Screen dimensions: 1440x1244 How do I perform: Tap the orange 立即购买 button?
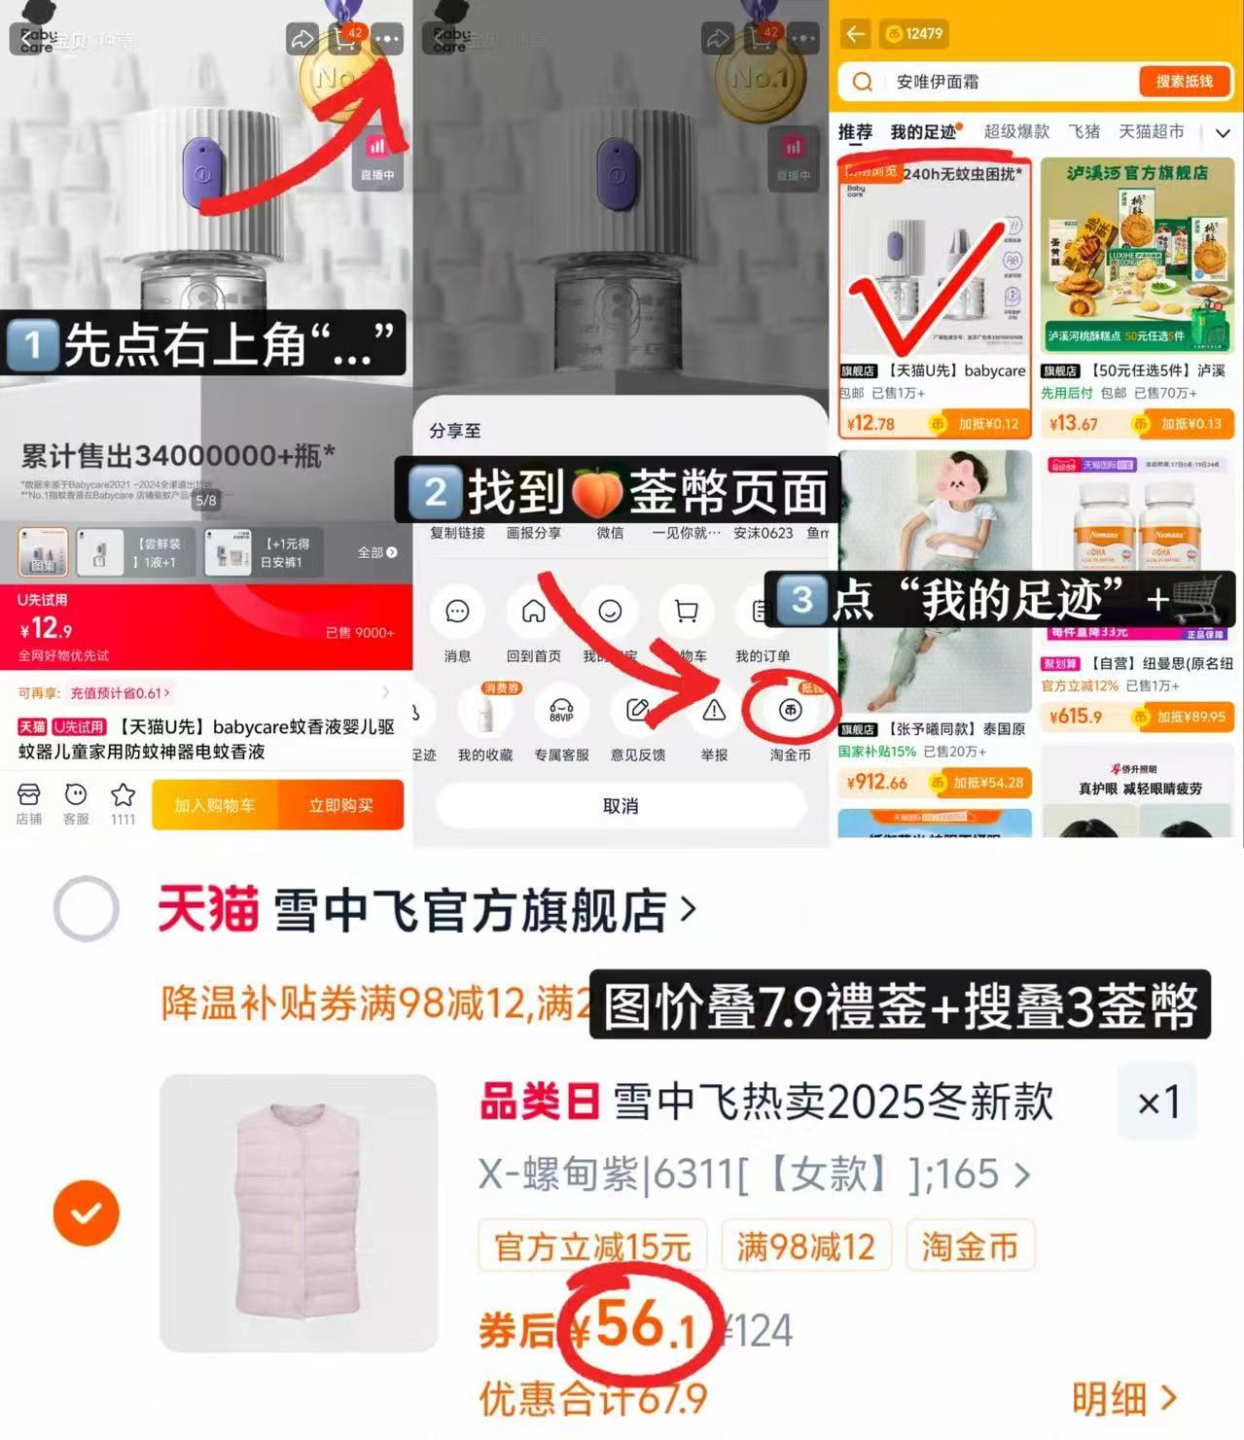[x=340, y=805]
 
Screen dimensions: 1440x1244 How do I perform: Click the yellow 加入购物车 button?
[x=215, y=805]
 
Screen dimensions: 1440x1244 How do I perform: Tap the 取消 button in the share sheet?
[x=621, y=806]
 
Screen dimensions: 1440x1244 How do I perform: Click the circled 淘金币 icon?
[x=790, y=711]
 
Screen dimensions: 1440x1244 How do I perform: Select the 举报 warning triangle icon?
[x=714, y=711]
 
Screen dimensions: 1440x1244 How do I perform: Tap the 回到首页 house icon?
[x=533, y=612]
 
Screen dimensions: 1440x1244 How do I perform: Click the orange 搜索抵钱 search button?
[x=1184, y=82]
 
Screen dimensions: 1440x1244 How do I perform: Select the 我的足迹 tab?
[x=923, y=132]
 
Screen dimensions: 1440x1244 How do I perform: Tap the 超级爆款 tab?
[x=1016, y=132]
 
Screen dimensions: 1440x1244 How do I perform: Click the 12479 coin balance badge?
[x=913, y=34]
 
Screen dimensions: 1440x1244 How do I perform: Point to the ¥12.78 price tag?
[x=871, y=424]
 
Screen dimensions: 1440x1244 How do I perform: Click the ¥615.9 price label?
[x=1075, y=717]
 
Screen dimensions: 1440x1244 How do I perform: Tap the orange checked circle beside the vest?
[x=87, y=1212]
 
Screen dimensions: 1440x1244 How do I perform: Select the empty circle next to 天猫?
[x=87, y=909]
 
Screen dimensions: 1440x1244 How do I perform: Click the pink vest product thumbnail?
[x=299, y=1212]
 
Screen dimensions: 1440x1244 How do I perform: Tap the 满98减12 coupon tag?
[x=805, y=1246]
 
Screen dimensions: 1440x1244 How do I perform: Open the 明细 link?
[x=1123, y=1399]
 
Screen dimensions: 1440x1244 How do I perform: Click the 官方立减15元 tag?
[x=592, y=1246]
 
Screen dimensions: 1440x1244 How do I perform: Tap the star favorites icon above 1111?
[x=124, y=795]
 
